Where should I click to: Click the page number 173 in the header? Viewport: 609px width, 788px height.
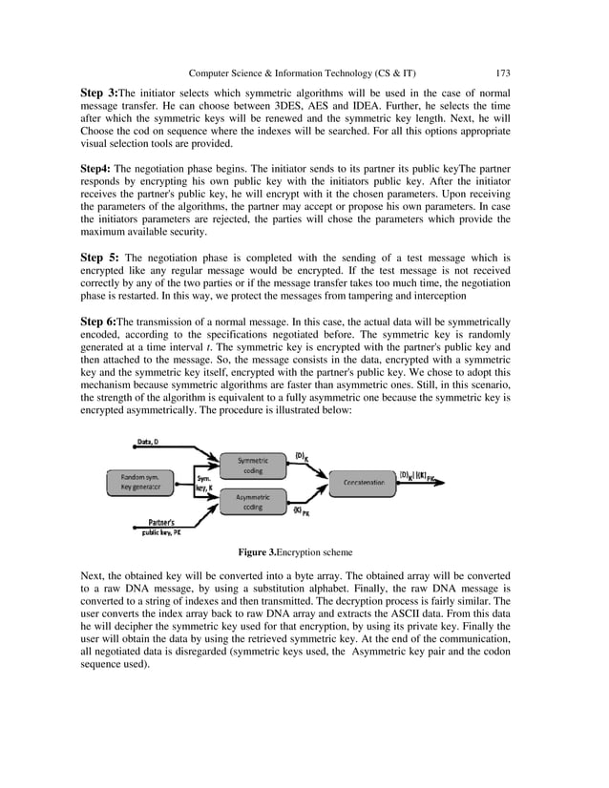pyautogui.click(x=503, y=72)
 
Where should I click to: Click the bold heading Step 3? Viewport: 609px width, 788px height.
pyautogui.click(x=98, y=93)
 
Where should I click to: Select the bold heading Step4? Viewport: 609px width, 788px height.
pyautogui.click(x=95, y=168)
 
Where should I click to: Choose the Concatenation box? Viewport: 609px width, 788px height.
pyautogui.click(x=364, y=483)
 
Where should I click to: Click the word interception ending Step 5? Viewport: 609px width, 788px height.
pyautogui.click(x=443, y=297)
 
